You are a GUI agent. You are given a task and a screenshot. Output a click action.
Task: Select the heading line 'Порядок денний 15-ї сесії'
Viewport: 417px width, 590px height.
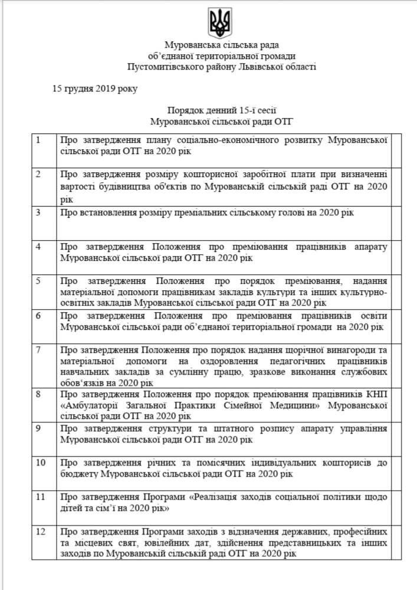[x=222, y=110]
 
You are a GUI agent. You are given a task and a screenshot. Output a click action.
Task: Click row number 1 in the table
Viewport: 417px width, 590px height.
[x=38, y=140]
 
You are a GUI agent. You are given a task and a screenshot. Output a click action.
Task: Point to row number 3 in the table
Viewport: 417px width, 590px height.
[x=38, y=212]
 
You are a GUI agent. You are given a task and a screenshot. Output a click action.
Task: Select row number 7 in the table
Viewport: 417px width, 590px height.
[x=38, y=349]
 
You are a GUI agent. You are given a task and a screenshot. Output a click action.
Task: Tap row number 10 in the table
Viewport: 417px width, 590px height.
[x=41, y=461]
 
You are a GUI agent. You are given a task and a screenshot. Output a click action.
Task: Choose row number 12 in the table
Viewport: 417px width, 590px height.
[x=41, y=532]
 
